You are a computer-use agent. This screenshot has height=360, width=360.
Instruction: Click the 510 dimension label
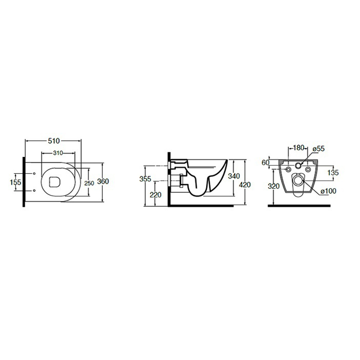coord(53,141)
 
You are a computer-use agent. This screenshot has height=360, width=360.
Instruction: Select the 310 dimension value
coord(58,153)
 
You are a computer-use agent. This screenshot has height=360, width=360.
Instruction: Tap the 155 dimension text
coord(15,182)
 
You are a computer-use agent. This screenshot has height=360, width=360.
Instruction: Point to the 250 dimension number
coord(89,183)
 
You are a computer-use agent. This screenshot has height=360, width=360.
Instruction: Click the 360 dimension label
coord(103,182)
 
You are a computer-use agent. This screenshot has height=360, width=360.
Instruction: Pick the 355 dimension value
coord(145,178)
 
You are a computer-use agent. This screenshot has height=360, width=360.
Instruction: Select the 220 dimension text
coord(155,195)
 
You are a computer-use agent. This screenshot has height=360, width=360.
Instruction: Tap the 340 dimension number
coord(233,176)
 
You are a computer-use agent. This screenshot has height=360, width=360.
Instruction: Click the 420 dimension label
coord(245,185)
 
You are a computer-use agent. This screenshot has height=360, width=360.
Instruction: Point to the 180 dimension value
coord(299,148)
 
